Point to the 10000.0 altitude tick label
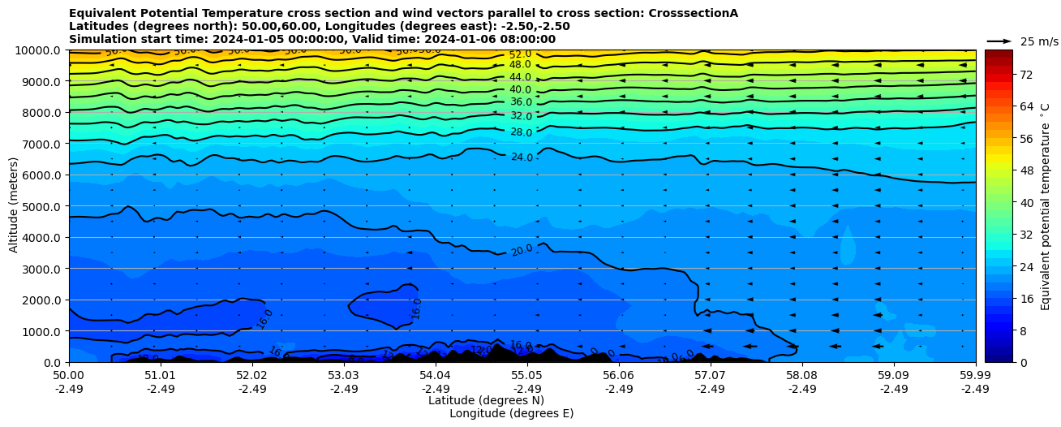tap(35, 50)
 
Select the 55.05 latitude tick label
tap(527, 376)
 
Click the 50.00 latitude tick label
tap(69, 376)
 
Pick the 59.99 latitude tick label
tap(975, 376)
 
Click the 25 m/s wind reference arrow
tap(999, 41)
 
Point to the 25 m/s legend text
tap(1039, 41)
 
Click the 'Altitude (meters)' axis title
tap(14, 205)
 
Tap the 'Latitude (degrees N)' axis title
tap(486, 400)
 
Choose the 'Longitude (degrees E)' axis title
tap(511, 413)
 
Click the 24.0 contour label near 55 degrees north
tap(522, 157)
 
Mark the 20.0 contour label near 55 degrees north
tap(522, 250)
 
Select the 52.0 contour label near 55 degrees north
tap(520, 54)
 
